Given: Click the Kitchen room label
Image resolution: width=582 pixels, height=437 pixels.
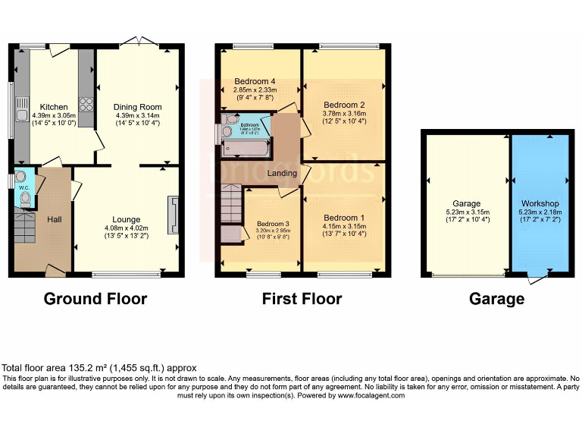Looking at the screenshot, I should coord(54,107).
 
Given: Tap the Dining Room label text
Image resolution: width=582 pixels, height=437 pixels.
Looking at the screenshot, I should coord(137,107).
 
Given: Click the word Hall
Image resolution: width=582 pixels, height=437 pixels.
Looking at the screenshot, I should coord(55,219).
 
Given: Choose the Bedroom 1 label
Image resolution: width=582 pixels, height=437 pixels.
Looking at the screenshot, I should coord(344,218).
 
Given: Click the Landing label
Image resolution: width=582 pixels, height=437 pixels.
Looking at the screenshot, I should coord(283,173).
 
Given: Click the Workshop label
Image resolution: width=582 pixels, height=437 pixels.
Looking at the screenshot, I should coord(540,204).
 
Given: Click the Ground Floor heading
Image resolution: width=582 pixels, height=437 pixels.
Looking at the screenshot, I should coord(95,299).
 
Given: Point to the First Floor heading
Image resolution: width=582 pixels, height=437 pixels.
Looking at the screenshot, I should coord(302,299).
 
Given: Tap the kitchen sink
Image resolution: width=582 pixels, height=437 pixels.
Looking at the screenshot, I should coord(20,116).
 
